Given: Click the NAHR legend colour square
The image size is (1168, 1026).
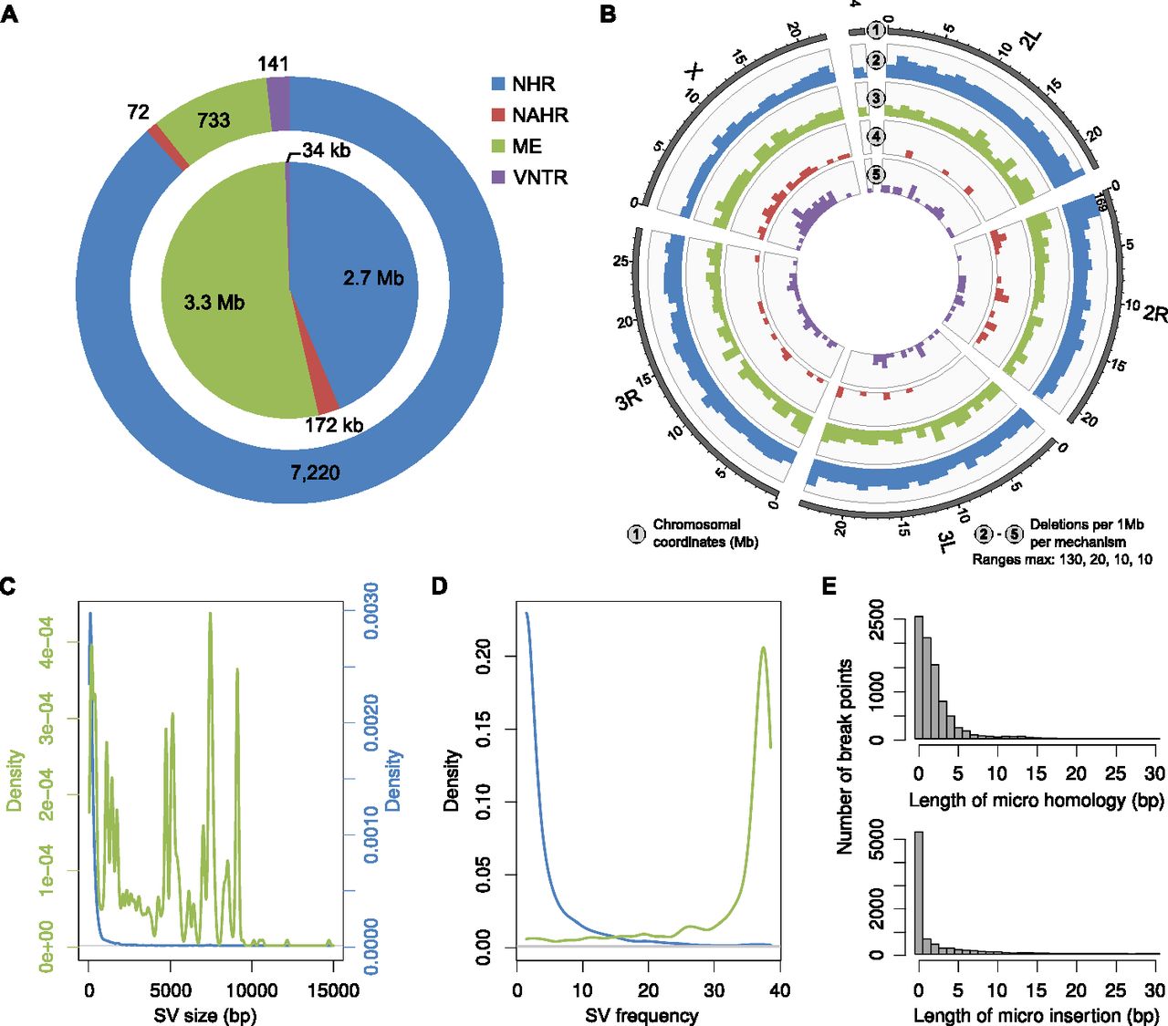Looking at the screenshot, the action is click(x=497, y=115).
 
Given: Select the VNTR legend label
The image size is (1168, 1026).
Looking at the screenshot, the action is click(x=540, y=178).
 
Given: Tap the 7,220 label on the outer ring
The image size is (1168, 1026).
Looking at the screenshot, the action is click(x=315, y=473).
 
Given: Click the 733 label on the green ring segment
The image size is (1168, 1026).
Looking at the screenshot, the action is click(x=214, y=119).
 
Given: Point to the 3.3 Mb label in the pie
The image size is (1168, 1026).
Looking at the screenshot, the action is click(x=214, y=303).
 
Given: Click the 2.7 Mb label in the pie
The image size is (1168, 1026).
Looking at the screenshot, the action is click(x=373, y=278).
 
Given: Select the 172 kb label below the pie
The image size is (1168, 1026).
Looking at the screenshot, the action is click(x=334, y=425).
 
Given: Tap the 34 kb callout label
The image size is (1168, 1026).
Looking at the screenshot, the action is click(x=327, y=150).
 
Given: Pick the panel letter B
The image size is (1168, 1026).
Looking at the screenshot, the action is click(x=608, y=15).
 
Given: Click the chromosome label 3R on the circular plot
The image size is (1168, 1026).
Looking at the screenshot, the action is click(x=631, y=399).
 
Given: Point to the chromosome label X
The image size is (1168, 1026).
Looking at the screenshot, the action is click(x=694, y=73).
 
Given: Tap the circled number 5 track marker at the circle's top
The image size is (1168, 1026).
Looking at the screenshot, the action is click(x=876, y=174).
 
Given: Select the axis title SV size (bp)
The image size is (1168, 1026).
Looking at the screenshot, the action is click(x=205, y=1015).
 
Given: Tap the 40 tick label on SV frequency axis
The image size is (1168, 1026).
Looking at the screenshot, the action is click(x=780, y=990).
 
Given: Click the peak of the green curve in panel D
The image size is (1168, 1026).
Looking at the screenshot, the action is click(x=763, y=648).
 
